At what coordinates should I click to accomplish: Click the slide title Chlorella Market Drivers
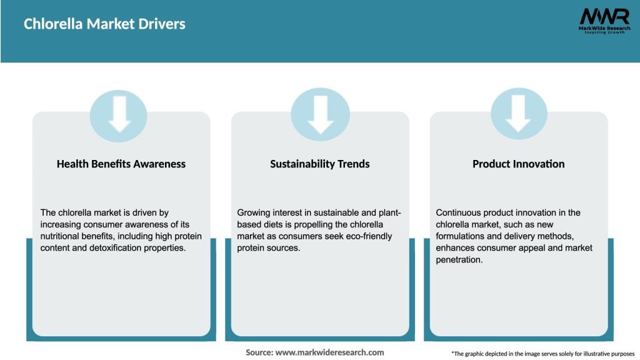[104, 24]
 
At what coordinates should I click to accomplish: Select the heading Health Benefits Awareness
[121, 164]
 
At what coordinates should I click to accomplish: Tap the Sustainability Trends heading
[320, 164]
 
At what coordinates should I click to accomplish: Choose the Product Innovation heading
[518, 164]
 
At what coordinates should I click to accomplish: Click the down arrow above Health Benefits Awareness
[119, 114]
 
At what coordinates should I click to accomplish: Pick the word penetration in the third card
[459, 260]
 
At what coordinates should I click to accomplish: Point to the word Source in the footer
[259, 352]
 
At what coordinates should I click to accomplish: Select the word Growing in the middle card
[255, 212]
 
